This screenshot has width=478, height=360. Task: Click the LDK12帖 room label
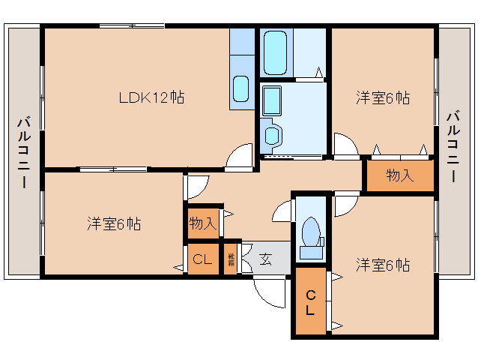tap(152, 97)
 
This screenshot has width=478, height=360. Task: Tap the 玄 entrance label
tap(266, 260)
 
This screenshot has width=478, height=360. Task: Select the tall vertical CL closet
tap(309, 301)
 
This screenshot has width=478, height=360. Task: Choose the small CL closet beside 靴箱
tap(202, 260)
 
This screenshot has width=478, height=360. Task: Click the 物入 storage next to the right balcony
tap(399, 176)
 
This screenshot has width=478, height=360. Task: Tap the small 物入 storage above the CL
tap(202, 223)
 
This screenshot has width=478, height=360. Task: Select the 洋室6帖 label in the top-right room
tap(382, 97)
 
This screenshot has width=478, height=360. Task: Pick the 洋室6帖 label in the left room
tap(113, 223)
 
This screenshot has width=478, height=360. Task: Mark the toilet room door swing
tap(283, 211)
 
